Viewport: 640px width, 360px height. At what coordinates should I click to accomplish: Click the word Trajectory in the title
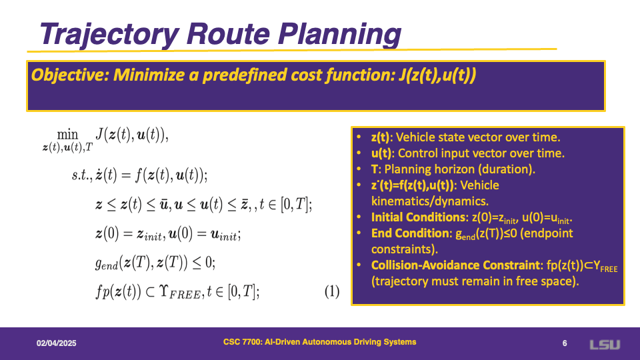coord(109,34)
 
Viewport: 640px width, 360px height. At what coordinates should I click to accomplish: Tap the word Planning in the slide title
coord(339,34)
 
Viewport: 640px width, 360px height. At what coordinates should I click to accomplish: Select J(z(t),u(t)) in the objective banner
coord(437,75)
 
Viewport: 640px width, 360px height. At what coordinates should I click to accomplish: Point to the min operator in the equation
coord(67,134)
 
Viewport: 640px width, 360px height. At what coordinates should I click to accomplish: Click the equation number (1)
coord(332,291)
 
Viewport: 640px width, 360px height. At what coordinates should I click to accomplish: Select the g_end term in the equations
coord(106,263)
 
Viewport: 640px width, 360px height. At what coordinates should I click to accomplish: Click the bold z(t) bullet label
coord(380,137)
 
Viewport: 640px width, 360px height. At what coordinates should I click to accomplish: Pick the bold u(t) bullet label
coord(381,153)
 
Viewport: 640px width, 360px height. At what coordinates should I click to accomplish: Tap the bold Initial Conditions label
coord(418,217)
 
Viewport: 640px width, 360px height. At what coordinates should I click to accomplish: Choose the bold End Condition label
coord(410,233)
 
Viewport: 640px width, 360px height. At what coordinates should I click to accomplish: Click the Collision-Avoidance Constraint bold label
coord(455,265)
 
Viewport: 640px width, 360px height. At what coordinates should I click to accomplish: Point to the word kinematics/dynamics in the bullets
coord(430,201)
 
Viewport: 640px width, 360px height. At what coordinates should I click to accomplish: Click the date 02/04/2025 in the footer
coord(56,343)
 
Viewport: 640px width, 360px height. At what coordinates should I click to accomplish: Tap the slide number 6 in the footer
coord(565,343)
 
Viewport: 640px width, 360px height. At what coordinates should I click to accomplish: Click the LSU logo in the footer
coord(605,345)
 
